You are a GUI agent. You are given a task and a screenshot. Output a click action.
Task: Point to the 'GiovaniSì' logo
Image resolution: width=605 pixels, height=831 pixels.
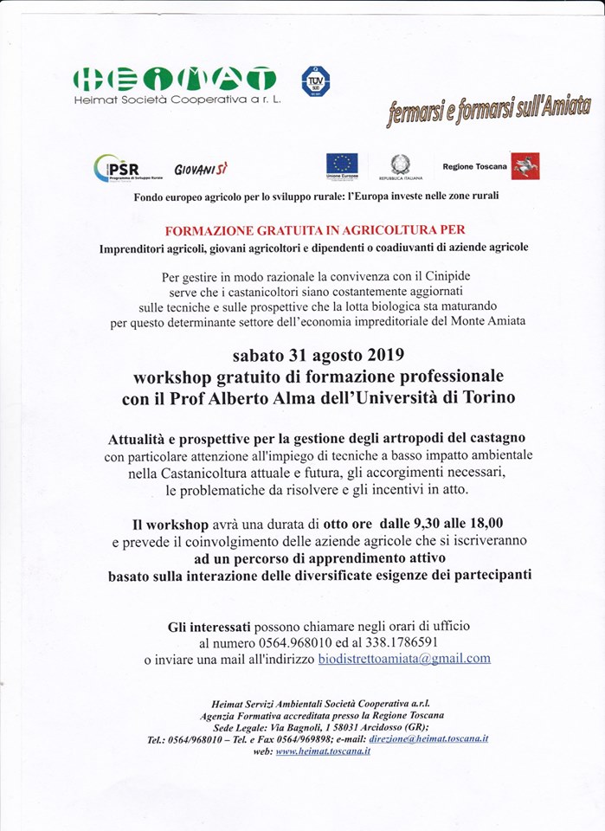point(200,168)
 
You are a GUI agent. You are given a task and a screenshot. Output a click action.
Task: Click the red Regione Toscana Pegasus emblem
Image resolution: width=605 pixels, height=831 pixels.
point(525,165)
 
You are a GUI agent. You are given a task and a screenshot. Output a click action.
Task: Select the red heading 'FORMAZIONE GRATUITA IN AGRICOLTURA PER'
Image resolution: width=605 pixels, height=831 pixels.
point(314,230)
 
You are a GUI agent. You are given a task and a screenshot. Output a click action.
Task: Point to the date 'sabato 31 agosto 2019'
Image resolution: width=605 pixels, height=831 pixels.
point(318,357)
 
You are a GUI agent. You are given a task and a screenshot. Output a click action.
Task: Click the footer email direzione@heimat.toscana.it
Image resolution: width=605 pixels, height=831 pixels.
point(428,738)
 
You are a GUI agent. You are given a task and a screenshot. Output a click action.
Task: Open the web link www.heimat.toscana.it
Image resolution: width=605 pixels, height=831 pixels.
point(323,751)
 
